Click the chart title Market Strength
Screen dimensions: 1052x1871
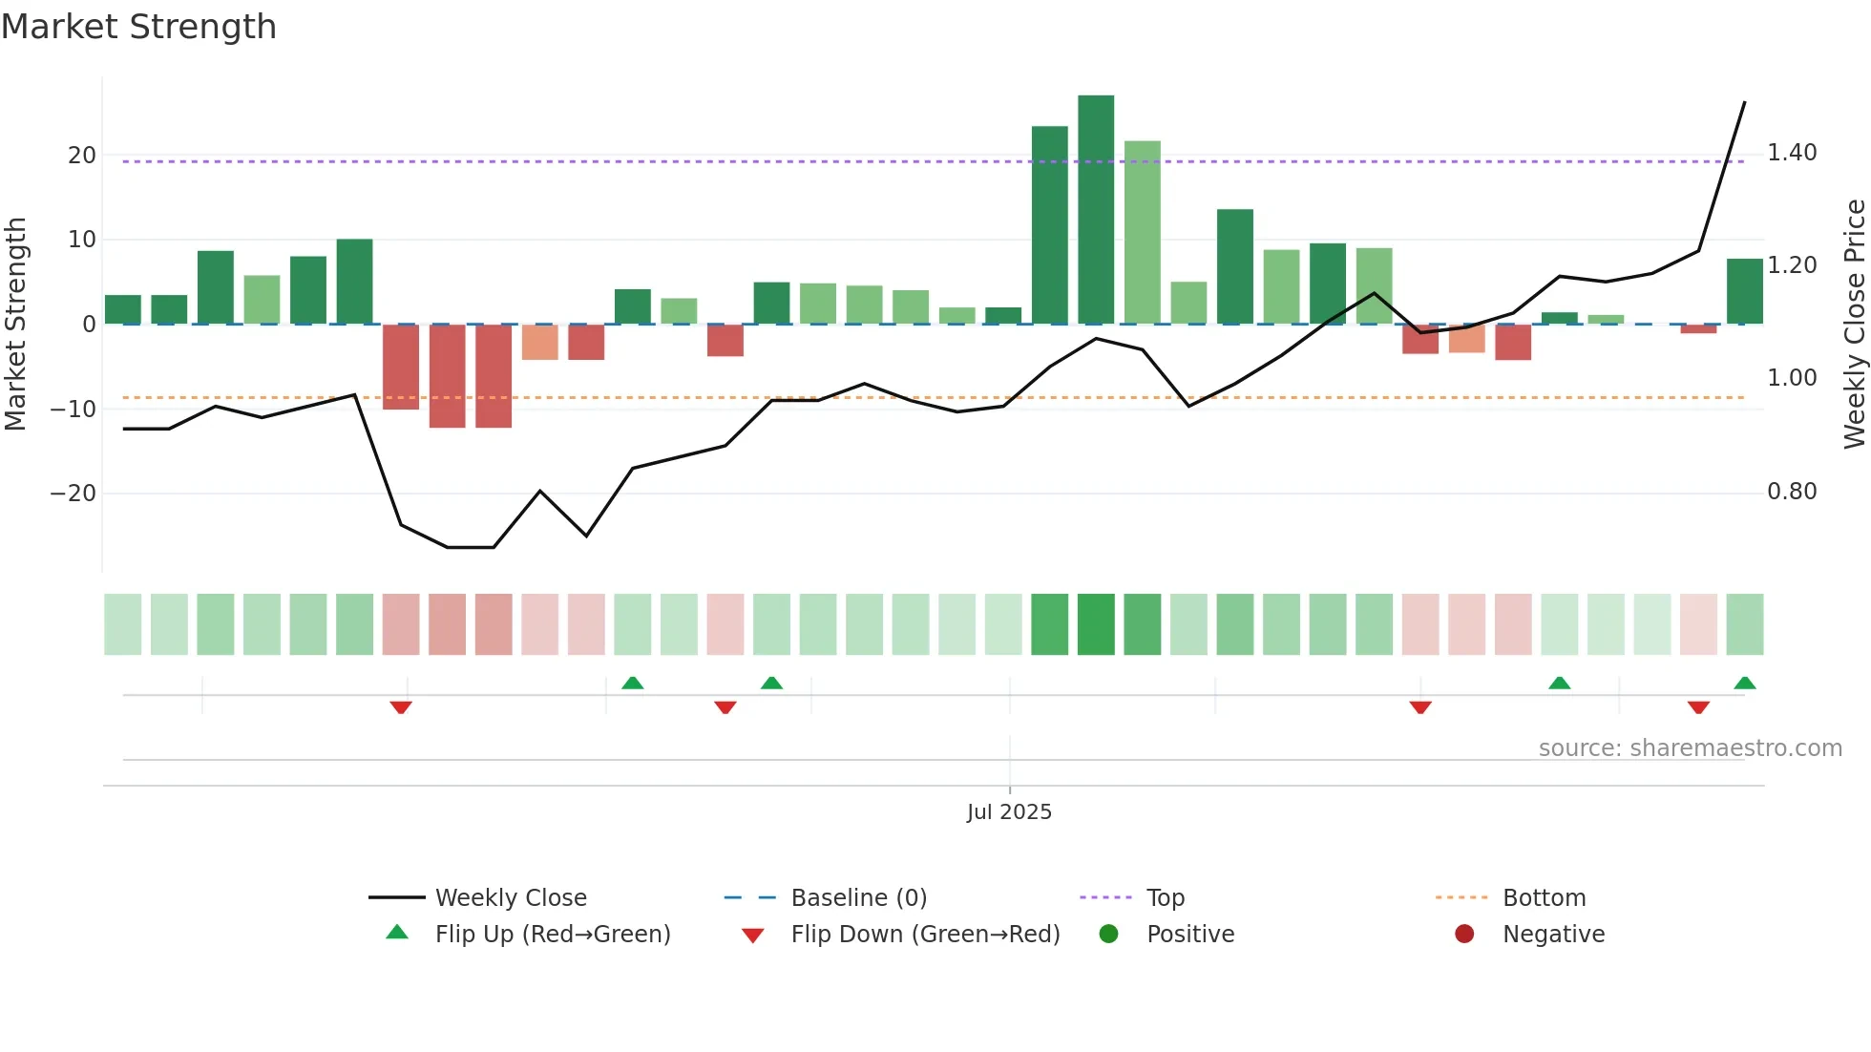138,27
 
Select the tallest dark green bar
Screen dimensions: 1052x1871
1096,210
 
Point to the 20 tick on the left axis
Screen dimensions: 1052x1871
82,156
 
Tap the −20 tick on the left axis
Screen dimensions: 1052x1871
74,494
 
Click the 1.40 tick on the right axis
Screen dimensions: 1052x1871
1792,153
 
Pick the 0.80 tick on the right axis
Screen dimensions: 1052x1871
1792,492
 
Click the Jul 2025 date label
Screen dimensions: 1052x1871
1009,812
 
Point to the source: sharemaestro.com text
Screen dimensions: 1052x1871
1690,748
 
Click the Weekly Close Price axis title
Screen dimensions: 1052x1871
1854,325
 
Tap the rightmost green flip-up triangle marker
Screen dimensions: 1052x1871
1744,683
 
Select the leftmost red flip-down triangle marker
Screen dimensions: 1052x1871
401,707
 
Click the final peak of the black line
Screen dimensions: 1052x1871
1744,102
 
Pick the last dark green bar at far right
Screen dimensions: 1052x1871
1744,291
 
